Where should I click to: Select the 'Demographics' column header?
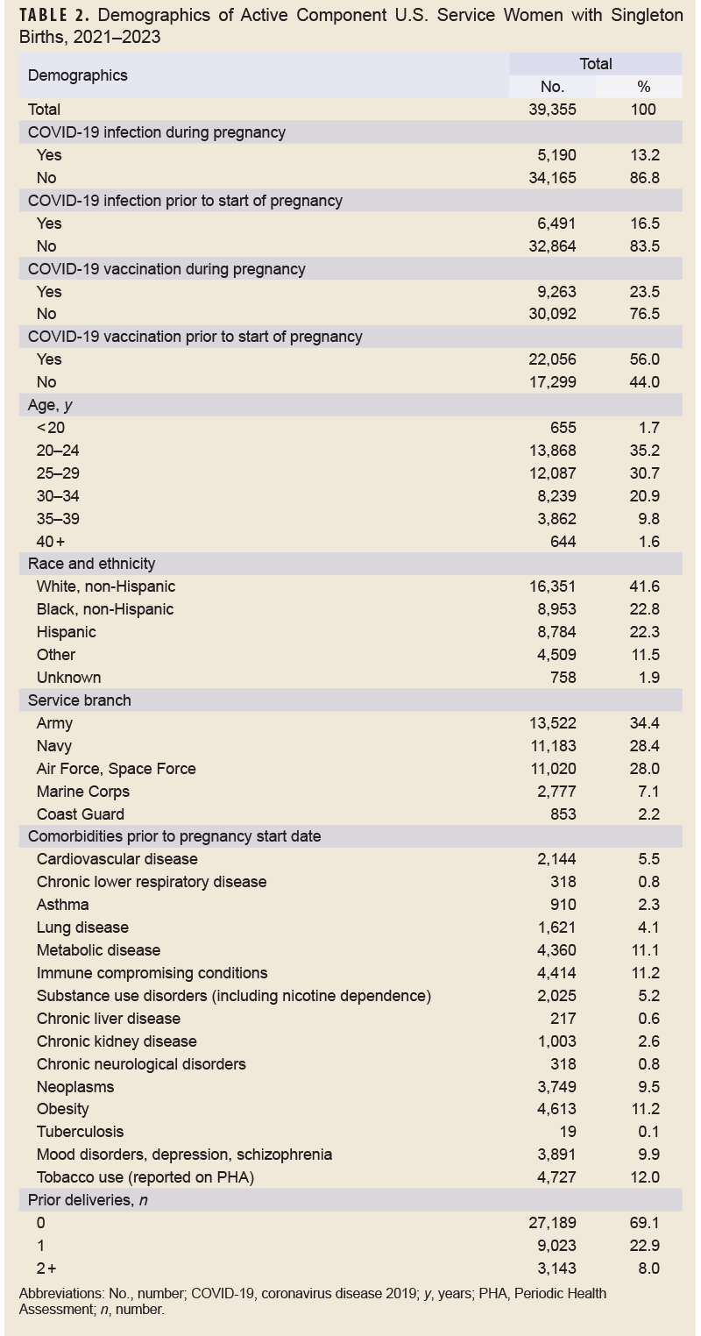coord(77,75)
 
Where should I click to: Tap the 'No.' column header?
coord(552,87)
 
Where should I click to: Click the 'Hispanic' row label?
coord(67,632)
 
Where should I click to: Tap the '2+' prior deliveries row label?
coord(46,1268)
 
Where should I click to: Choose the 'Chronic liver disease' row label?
coord(109,1019)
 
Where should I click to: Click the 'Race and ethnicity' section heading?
coord(91,564)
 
